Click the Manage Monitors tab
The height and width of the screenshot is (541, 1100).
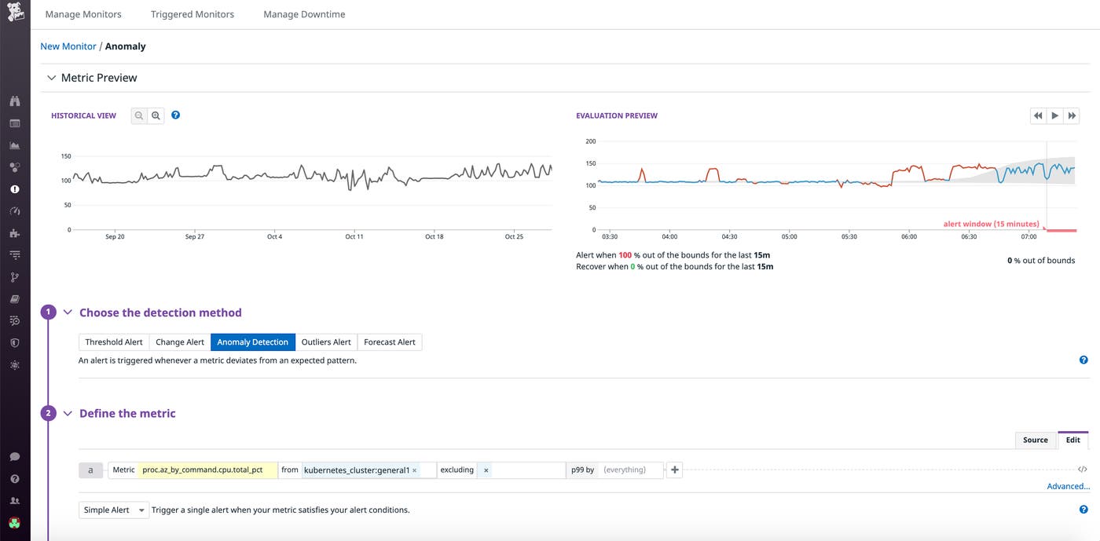coord(83,14)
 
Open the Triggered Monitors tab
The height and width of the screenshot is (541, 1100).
coord(192,14)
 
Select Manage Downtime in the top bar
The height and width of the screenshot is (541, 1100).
coord(304,14)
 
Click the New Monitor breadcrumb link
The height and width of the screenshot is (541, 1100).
coord(68,46)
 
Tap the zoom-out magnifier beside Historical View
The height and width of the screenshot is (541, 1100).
coord(139,115)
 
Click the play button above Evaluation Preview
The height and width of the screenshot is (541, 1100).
coord(1055,115)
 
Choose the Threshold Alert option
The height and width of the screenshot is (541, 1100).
coord(114,342)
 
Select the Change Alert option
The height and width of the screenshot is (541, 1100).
coord(180,342)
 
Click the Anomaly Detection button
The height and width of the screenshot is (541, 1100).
coord(252,342)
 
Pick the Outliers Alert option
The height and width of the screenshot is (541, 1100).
coord(326,342)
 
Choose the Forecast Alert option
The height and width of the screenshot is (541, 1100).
coord(390,342)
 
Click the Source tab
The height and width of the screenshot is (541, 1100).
coord(1035,440)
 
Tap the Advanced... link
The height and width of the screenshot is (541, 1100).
coord(1068,486)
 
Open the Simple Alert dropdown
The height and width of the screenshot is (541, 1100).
coord(114,510)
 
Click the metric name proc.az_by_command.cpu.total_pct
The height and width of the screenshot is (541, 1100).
coord(207,470)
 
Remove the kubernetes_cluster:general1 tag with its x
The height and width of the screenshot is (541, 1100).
coord(414,470)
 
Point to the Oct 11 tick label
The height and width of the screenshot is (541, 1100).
coord(354,236)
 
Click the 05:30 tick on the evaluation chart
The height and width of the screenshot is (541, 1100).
coord(849,236)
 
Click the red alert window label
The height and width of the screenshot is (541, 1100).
coord(991,224)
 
